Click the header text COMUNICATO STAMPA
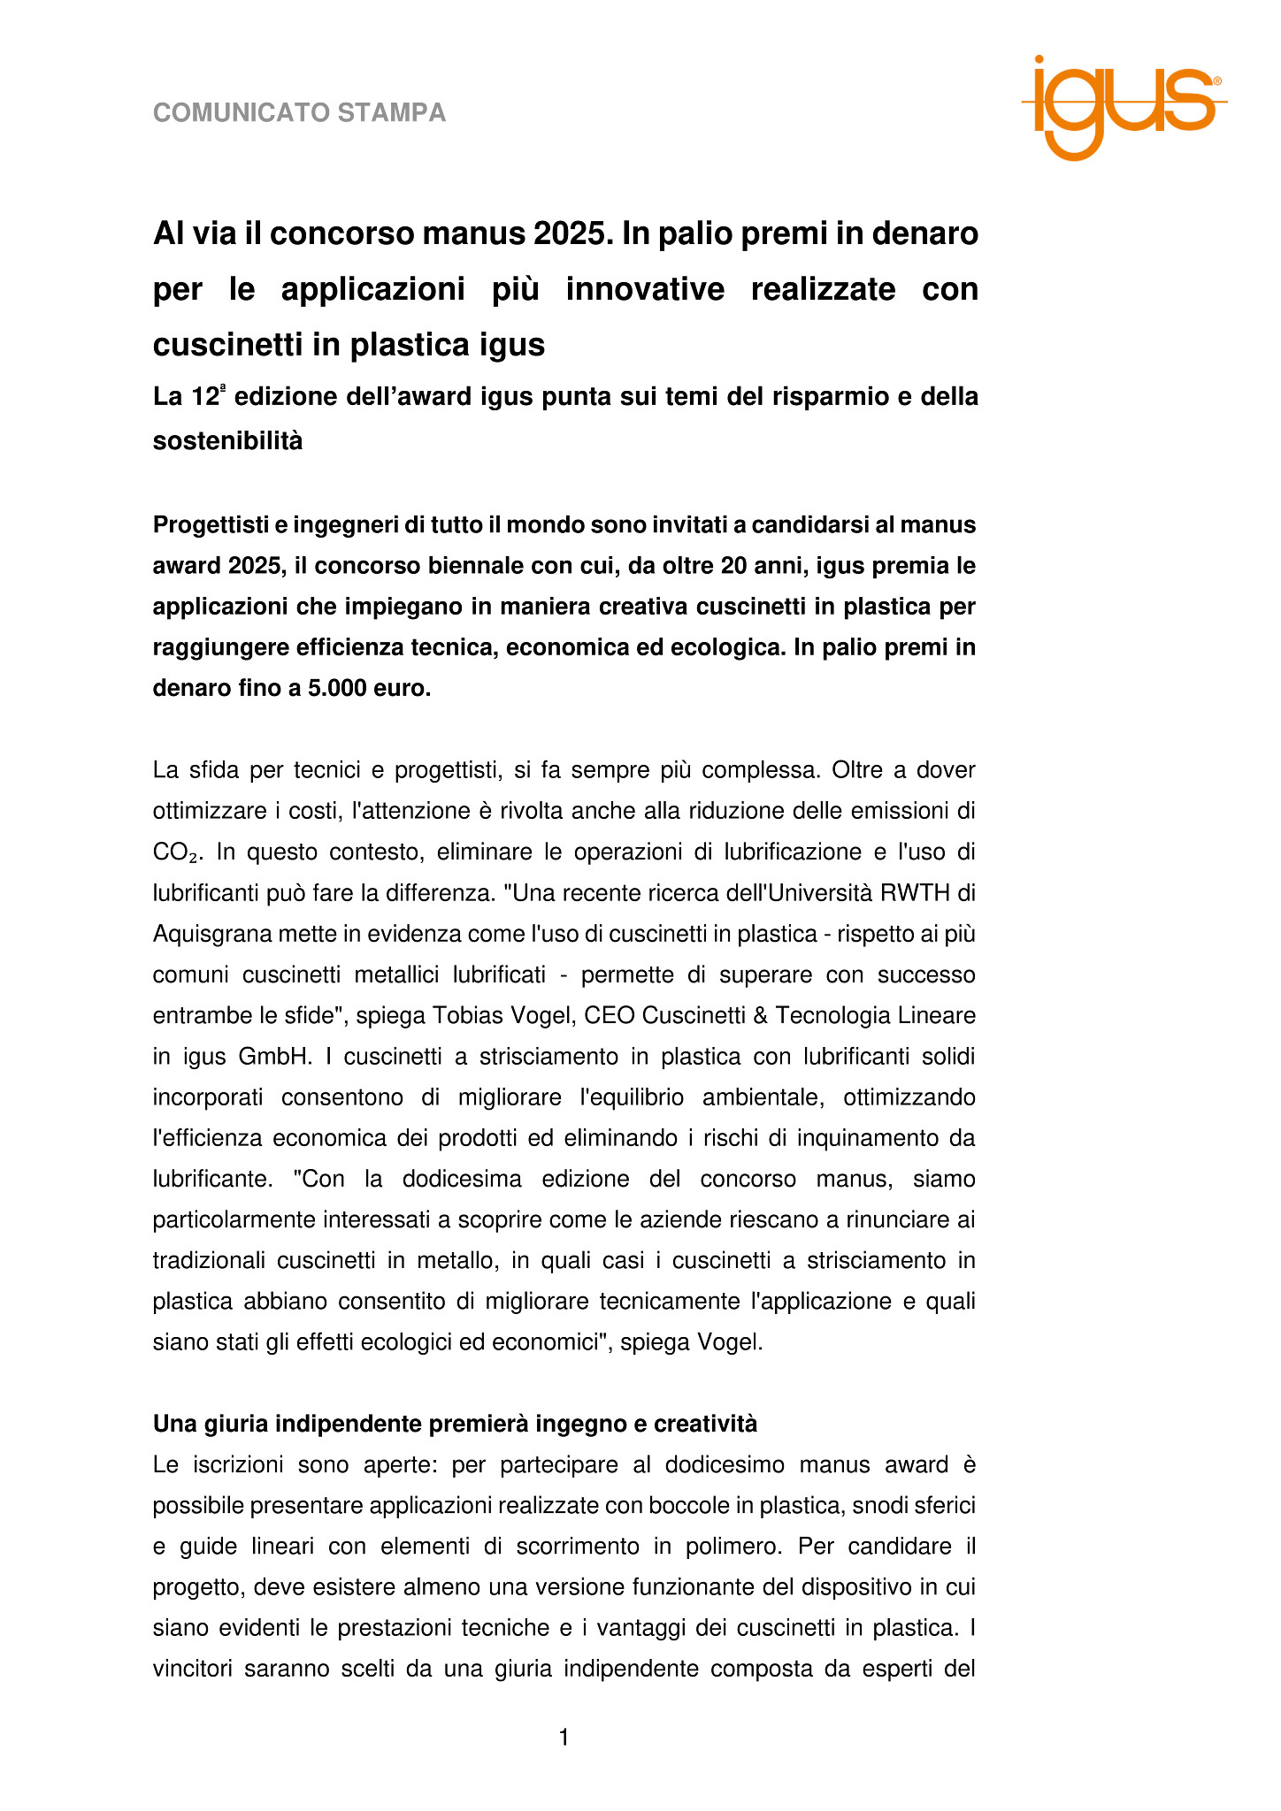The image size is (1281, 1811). pyautogui.click(x=299, y=113)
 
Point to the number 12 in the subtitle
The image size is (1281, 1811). pyautogui.click(x=204, y=398)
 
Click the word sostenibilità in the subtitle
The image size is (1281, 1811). pyautogui.click(x=227, y=440)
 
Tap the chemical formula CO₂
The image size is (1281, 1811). pyautogui.click(x=175, y=853)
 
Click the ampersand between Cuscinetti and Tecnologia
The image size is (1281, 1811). pyautogui.click(x=758, y=1016)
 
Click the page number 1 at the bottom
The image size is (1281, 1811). pyautogui.click(x=564, y=1738)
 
